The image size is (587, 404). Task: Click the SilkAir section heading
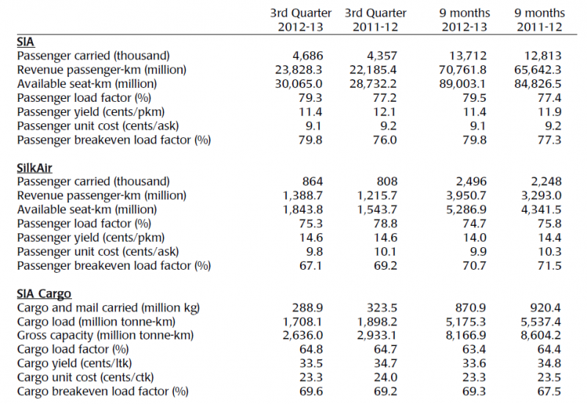pos(34,168)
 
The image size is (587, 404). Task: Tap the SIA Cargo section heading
pos(44,294)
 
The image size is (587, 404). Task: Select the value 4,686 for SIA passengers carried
pos(307,56)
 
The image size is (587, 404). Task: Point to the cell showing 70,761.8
pos(463,70)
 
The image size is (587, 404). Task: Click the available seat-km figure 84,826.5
pos(538,84)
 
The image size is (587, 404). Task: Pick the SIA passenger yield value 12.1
pos(386,112)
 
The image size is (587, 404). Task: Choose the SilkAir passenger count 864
pos(313,181)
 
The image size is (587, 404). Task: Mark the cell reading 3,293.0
pos(541,195)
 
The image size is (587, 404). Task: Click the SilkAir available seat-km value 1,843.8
pos(302,210)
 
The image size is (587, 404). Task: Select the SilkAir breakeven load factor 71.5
pos(550,265)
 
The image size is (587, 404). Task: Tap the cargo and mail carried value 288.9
pos(307,308)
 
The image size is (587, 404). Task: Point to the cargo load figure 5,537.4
pos(541,322)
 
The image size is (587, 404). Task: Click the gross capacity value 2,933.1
pos(376,336)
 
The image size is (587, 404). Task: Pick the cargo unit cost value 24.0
pos(386,378)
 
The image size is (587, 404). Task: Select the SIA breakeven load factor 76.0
pos(386,140)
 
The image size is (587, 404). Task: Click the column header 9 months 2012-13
pos(464,20)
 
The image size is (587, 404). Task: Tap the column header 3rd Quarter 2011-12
pos(376,20)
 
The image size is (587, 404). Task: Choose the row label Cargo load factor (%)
pos(73,350)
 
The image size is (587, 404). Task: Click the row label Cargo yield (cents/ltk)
pos(74,364)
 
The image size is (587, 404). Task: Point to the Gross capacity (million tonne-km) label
pos(105,336)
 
